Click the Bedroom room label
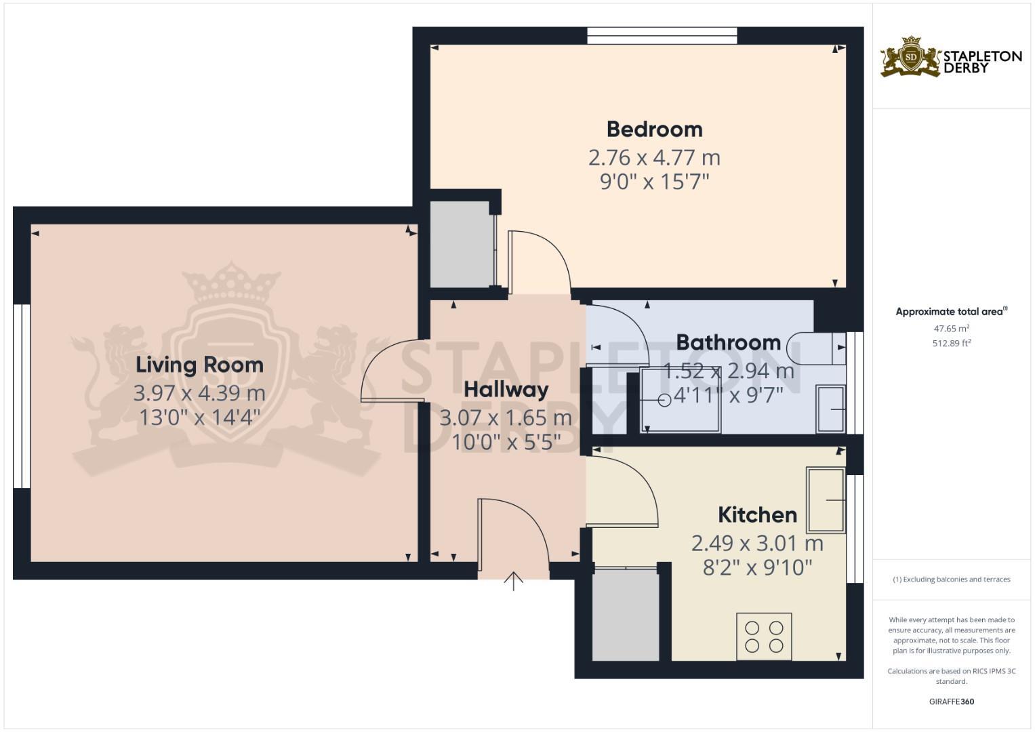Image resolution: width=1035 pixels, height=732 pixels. coord(654,129)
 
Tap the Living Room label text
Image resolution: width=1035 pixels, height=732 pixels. coord(199,365)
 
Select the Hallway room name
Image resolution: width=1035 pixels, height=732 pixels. coord(506,390)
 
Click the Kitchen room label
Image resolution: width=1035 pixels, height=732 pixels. coord(757,514)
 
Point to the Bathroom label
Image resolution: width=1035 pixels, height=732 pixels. coord(728,342)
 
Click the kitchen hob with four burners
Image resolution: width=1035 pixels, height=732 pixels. coord(764,636)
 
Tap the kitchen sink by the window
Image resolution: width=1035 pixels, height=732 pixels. coord(826,500)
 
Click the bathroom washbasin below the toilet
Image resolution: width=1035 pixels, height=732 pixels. coord(830,409)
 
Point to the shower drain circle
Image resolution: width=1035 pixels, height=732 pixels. coord(664,401)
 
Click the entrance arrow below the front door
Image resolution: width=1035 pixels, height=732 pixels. coord(514,581)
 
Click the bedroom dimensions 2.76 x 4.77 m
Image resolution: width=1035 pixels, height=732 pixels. coord(654,157)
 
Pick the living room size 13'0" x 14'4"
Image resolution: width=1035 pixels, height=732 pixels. coord(199,417)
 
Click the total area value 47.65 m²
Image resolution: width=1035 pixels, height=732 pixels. coord(951,329)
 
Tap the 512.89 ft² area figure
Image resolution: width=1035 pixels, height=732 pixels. coord(951,343)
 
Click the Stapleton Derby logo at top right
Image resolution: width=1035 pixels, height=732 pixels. coord(950,58)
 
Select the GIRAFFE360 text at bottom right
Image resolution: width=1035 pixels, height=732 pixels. coord(951,701)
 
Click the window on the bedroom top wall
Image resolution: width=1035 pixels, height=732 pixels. coord(662,36)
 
